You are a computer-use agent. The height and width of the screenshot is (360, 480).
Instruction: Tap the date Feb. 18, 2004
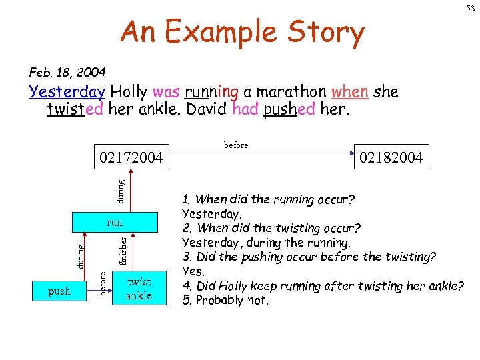pos(67,71)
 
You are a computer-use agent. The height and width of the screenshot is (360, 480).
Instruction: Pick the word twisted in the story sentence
pos(75,108)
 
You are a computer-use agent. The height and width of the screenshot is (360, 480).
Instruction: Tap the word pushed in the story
pos(289,109)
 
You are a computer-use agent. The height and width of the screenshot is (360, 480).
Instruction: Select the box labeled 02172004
pos(131,157)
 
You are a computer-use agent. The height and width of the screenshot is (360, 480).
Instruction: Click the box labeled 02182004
pos(391,157)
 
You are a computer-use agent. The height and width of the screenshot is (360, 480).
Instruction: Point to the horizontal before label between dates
pos(236,145)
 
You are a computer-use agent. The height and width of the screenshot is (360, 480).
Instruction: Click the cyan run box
pos(115,223)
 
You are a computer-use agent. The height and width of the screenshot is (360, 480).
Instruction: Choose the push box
pos(59,290)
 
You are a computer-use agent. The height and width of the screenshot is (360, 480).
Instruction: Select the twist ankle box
pos(139,289)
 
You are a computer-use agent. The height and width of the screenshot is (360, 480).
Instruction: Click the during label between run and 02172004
pos(121,190)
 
